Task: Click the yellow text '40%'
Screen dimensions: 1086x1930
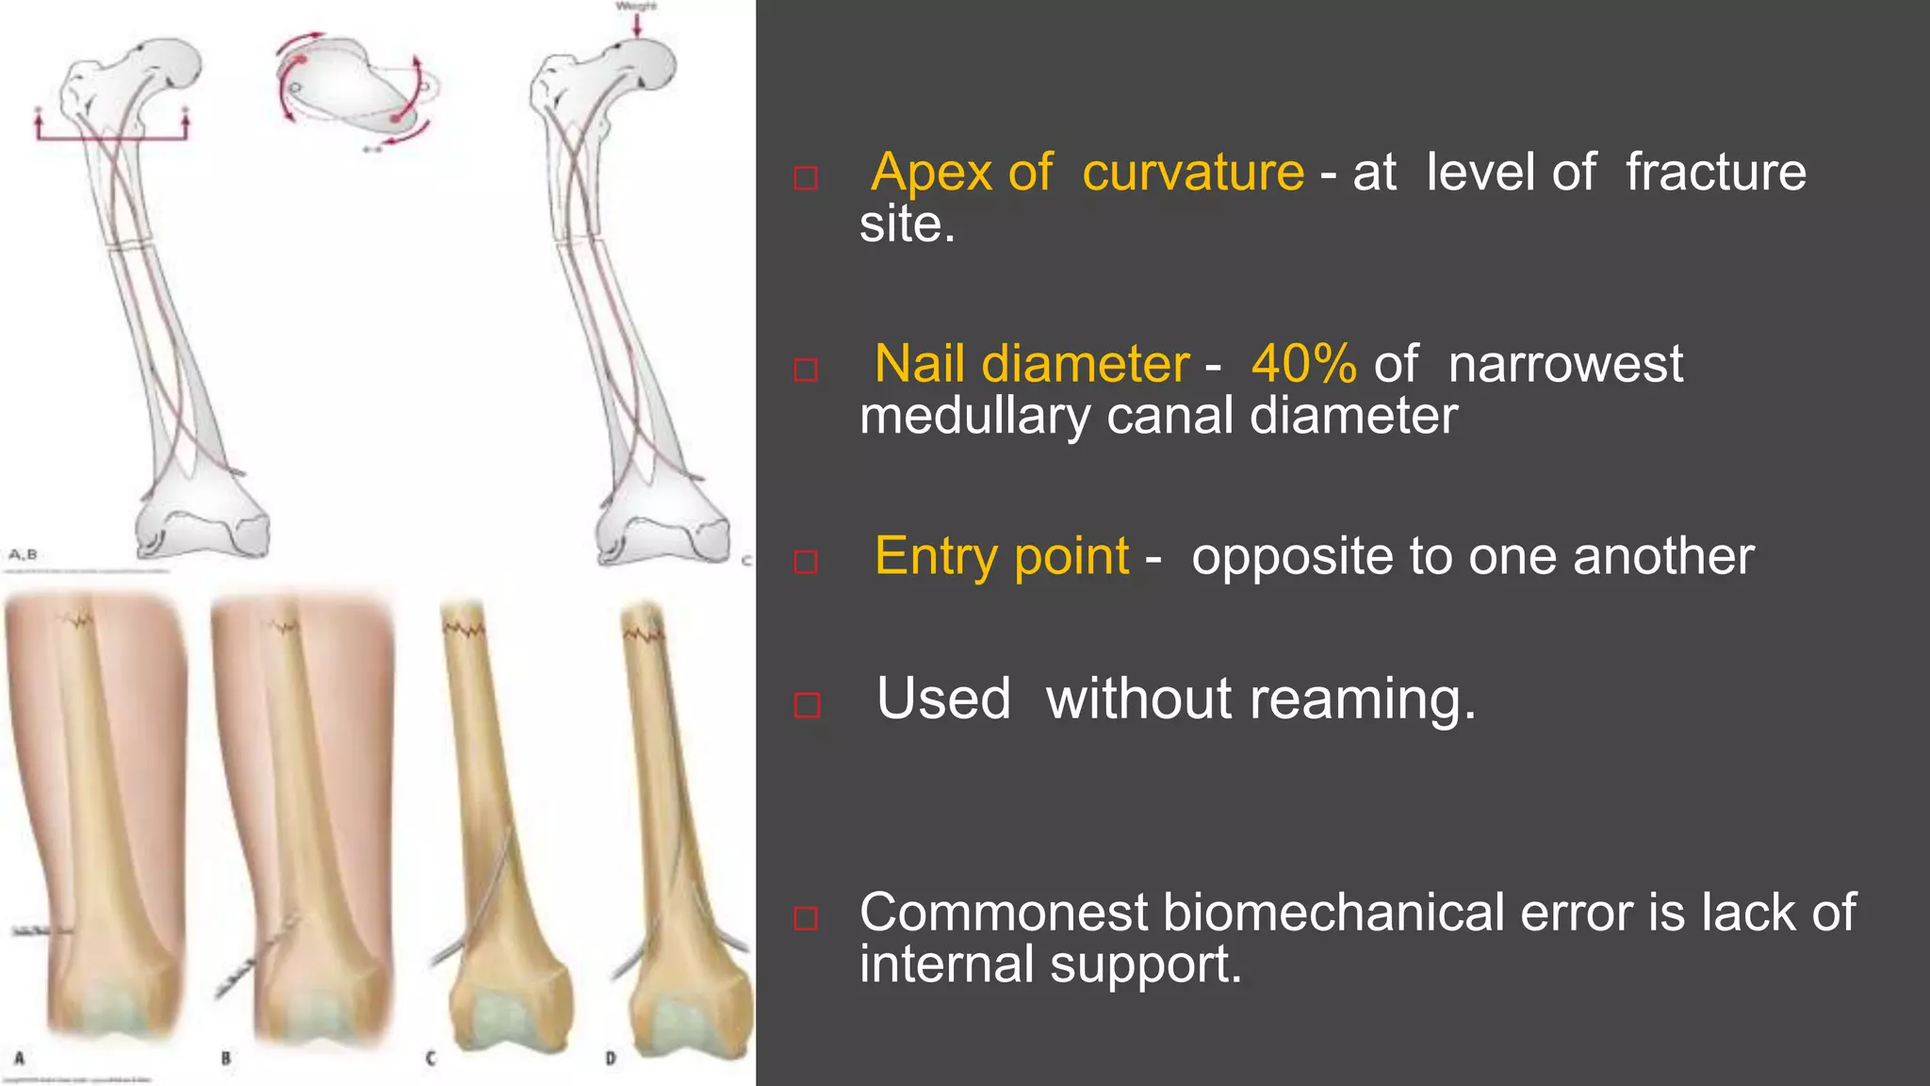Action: pos(1303,364)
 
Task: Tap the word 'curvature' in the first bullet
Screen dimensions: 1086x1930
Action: pos(1192,173)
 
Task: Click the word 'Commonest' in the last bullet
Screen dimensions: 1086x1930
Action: pos(1004,913)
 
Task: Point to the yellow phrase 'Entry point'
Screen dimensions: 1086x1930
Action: pos(1001,556)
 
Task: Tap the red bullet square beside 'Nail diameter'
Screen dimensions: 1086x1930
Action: pos(806,370)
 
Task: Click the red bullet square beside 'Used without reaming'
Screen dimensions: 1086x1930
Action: pos(807,705)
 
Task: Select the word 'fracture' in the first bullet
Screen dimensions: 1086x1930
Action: pos(1715,173)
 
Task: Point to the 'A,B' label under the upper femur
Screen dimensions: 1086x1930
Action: pos(23,554)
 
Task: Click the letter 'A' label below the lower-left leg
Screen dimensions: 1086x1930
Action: pos(19,1058)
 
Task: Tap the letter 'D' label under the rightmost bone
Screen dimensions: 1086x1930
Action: pos(611,1059)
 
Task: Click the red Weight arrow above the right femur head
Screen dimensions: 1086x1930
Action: pos(637,25)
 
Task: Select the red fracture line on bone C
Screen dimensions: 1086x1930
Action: pos(464,628)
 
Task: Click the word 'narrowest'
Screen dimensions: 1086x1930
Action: pos(1564,364)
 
